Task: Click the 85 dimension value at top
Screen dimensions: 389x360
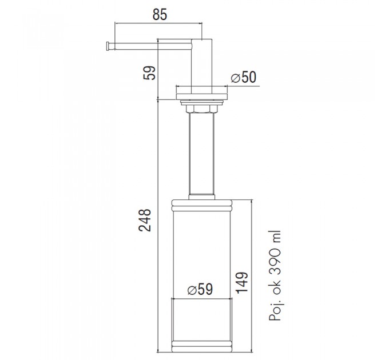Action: click(x=160, y=15)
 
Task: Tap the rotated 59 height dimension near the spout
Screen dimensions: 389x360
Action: click(x=149, y=73)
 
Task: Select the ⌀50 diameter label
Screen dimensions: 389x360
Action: click(x=243, y=77)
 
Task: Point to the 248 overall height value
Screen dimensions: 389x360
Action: click(x=145, y=220)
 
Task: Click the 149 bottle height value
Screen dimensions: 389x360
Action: click(x=241, y=283)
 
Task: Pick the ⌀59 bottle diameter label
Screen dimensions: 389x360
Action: click(x=200, y=289)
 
